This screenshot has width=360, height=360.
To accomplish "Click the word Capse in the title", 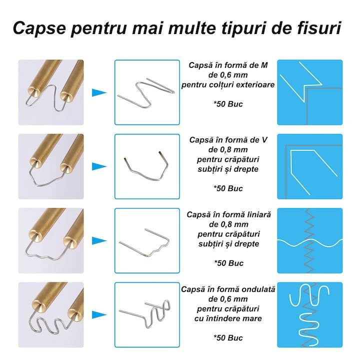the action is (x=39, y=28).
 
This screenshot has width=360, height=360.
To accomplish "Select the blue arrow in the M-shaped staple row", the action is (x=99, y=92).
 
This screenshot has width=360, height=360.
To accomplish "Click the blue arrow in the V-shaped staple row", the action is (x=99, y=166).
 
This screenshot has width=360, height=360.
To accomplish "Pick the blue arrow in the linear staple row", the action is (x=99, y=240).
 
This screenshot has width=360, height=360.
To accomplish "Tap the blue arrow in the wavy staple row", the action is (x=99, y=315).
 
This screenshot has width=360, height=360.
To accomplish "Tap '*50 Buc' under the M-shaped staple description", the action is (x=228, y=104).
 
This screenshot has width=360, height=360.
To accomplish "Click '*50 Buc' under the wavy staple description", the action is (x=228, y=337).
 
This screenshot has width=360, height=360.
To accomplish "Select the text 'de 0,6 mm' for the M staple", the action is (x=228, y=75).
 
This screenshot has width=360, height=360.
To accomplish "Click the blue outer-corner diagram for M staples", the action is (x=310, y=92).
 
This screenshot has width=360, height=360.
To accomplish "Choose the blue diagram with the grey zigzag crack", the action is (x=310, y=240).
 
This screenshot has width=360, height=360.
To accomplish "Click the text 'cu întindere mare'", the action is (x=228, y=318).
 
